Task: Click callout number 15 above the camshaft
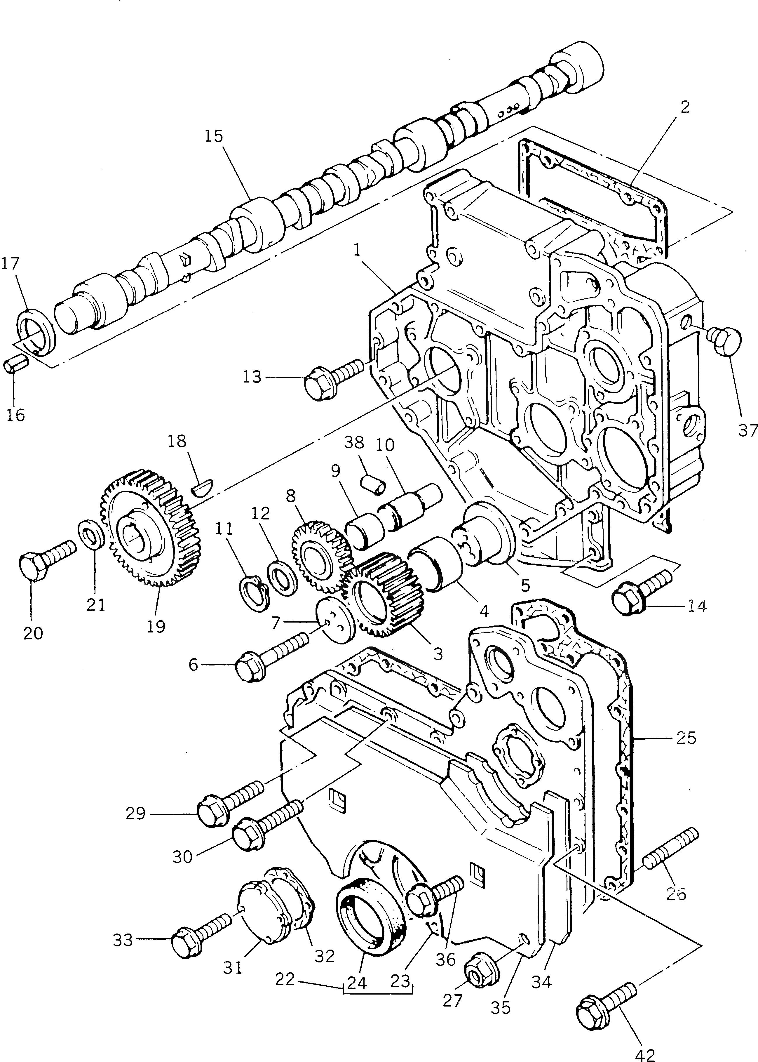pos(213,137)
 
